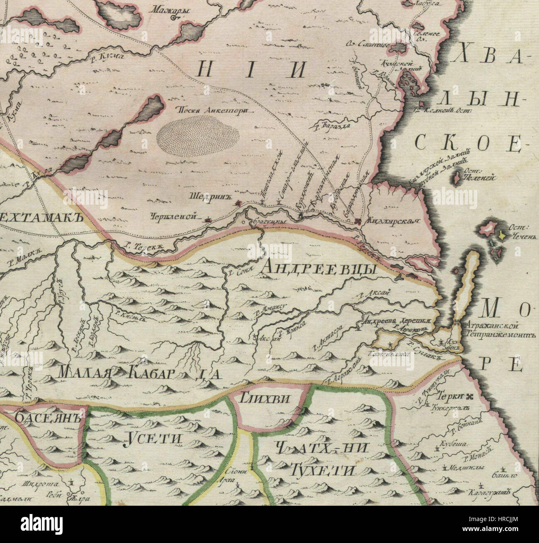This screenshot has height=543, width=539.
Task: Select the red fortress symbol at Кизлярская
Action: [359, 222]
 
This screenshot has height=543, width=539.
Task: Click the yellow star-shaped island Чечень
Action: [502, 235]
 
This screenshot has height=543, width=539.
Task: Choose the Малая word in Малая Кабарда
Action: [84, 372]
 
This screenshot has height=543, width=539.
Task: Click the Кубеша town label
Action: [455, 444]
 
